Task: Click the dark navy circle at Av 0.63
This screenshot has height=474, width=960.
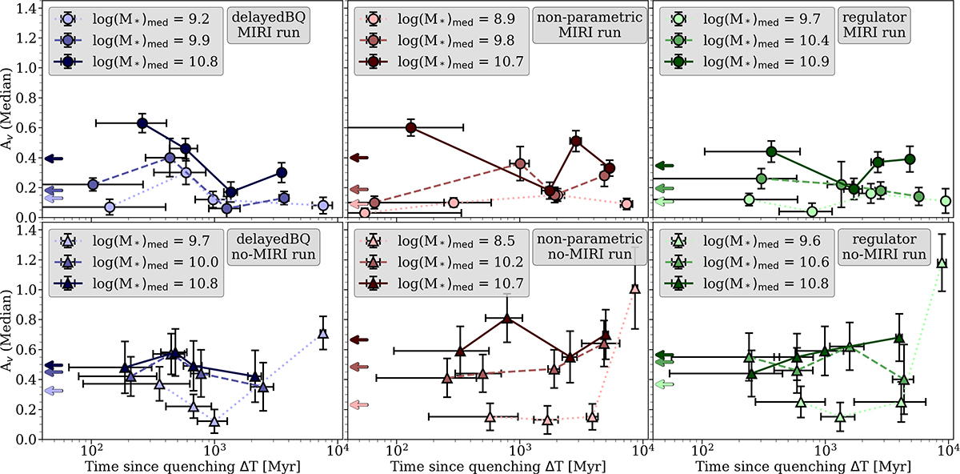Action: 142,123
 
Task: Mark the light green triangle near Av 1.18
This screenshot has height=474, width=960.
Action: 942,263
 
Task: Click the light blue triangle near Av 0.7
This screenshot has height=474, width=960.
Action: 323,334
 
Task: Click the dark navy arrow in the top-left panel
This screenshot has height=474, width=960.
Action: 54,159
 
